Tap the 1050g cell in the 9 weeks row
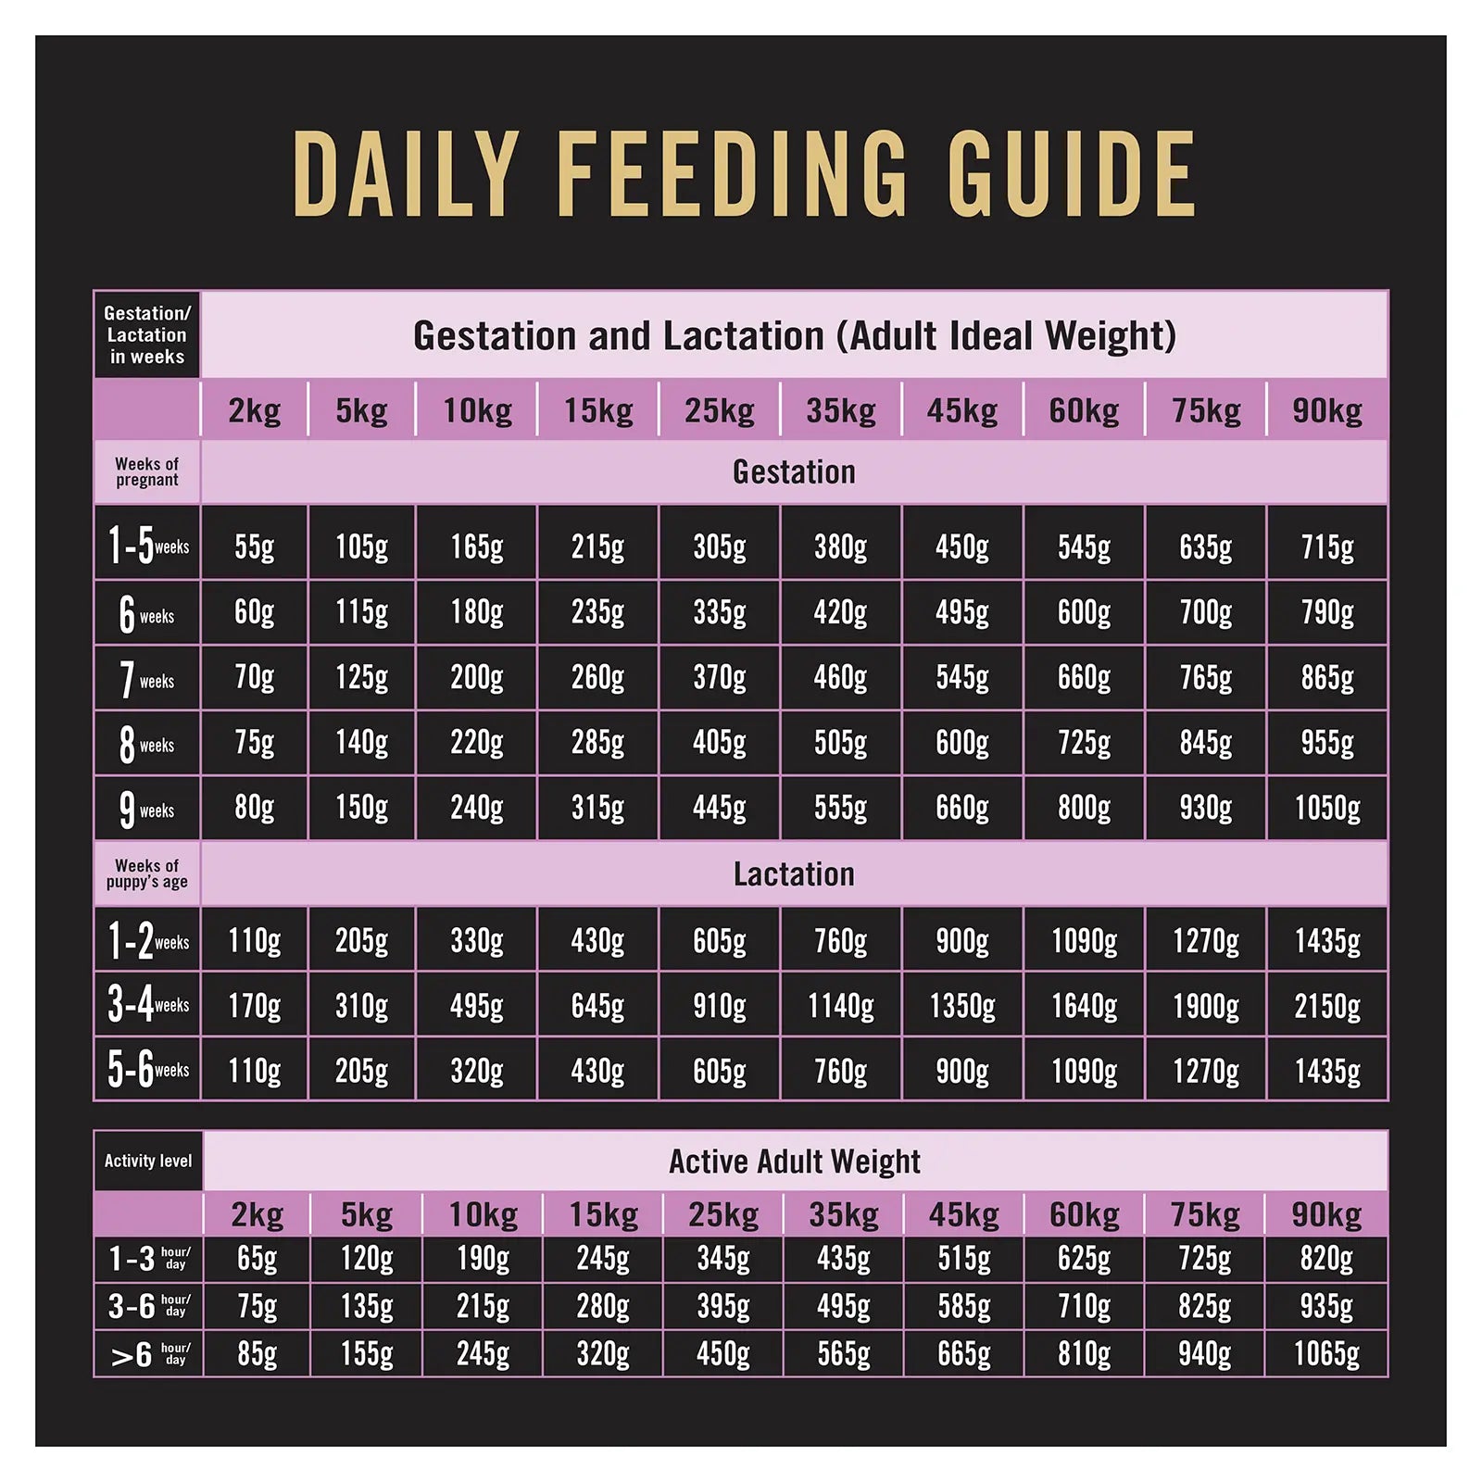pyautogui.click(x=1326, y=808)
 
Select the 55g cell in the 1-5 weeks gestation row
pyautogui.click(x=254, y=546)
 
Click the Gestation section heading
pyautogui.click(x=794, y=471)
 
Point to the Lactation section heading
pyautogui.click(x=794, y=873)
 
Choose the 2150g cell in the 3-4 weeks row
pyautogui.click(x=1326, y=1006)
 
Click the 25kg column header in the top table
pyautogui.click(x=719, y=410)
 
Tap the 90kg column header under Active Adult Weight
pyautogui.click(x=1326, y=1214)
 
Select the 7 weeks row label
pyautogui.click(x=146, y=679)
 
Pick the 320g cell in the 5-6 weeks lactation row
pyautogui.click(x=476, y=1071)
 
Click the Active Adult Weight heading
pyautogui.click(x=794, y=1161)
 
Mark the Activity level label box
pyautogui.click(x=148, y=1161)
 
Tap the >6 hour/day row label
pyautogui.click(x=148, y=1354)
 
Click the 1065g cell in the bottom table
pyautogui.click(x=1326, y=1354)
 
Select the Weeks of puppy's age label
pyautogui.click(x=146, y=873)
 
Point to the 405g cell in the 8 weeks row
pyautogui.click(x=719, y=743)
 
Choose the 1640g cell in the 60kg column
pyautogui.click(x=1084, y=1006)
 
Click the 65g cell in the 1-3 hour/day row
pyautogui.click(x=257, y=1259)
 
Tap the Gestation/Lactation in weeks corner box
pyautogui.click(x=146, y=334)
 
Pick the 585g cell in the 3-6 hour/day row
pyautogui.click(x=963, y=1306)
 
